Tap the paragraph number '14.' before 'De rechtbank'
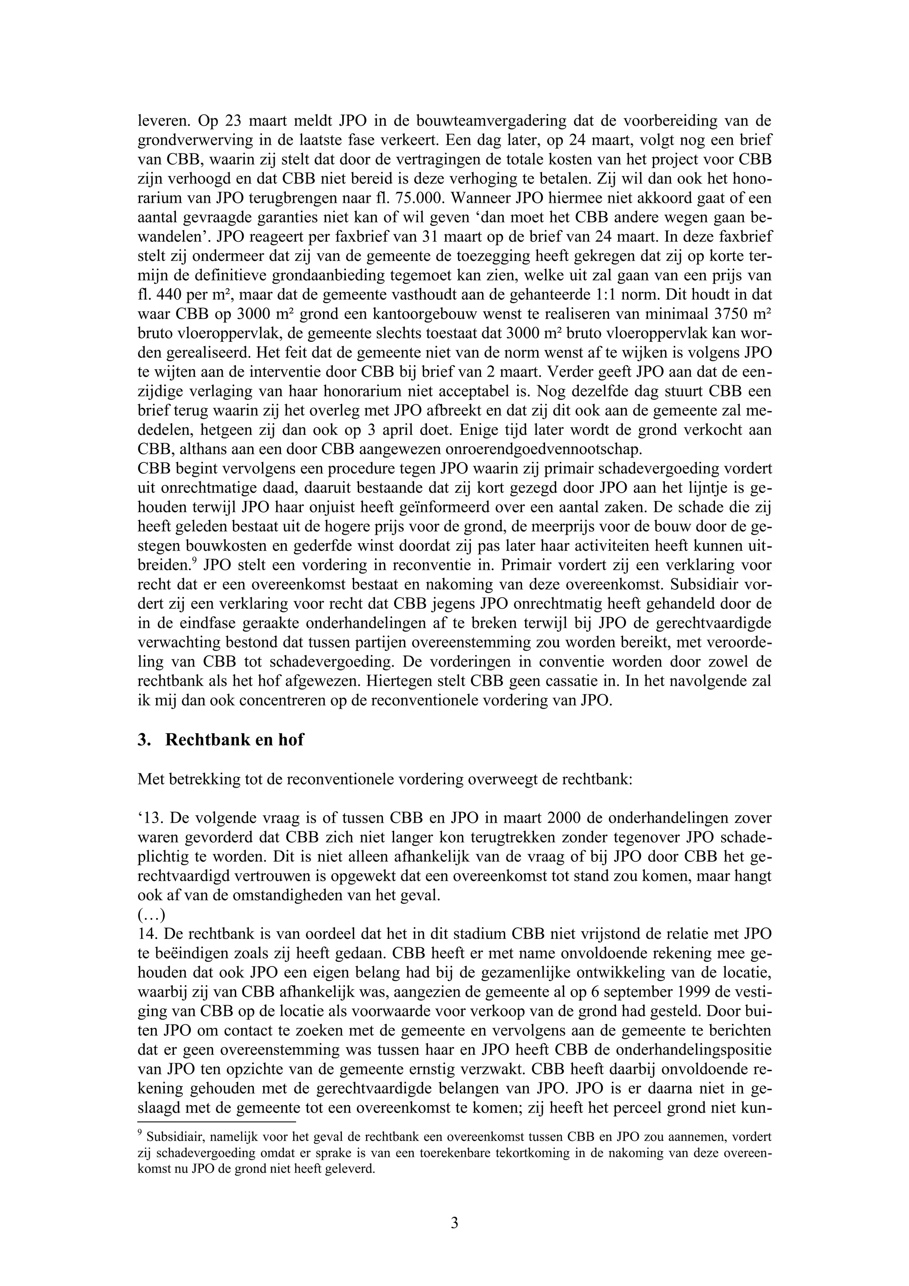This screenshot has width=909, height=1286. (x=148, y=934)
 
